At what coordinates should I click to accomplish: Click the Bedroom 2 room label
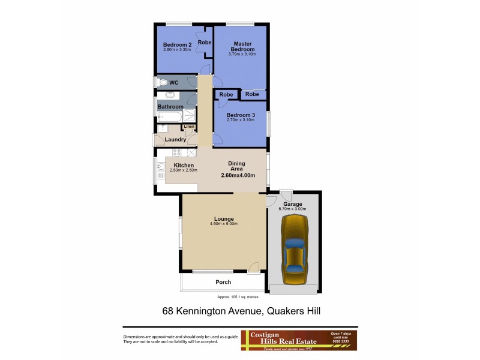(x=177, y=44)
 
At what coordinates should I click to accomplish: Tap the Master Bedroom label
(x=242, y=46)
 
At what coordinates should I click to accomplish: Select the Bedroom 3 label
(x=241, y=115)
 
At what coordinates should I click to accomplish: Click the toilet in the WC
(x=161, y=83)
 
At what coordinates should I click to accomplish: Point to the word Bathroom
(x=170, y=107)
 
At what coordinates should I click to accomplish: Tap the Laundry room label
(x=175, y=140)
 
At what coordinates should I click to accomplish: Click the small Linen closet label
(x=188, y=127)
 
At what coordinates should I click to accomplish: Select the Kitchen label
(x=184, y=165)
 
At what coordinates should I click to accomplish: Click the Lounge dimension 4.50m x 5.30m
(x=224, y=224)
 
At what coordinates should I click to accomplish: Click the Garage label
(x=293, y=204)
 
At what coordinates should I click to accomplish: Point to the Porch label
(x=223, y=282)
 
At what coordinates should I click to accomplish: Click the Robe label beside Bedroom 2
(x=205, y=43)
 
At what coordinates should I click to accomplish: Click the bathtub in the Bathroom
(x=169, y=116)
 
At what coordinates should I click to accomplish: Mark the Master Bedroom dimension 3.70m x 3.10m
(x=242, y=54)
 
